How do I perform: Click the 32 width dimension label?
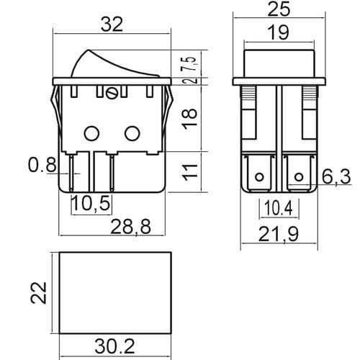pos(112,24)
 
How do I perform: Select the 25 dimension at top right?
pos(279,9)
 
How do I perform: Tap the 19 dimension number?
pos(279,32)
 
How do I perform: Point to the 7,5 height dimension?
pos(190,64)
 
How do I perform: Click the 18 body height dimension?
pos(190,119)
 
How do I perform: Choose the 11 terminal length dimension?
pos(190,172)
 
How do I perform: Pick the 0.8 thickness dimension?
pos(42,165)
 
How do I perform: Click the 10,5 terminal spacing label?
pos(91,203)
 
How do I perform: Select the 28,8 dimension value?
pos(131,226)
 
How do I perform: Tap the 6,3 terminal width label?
pos(336,177)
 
